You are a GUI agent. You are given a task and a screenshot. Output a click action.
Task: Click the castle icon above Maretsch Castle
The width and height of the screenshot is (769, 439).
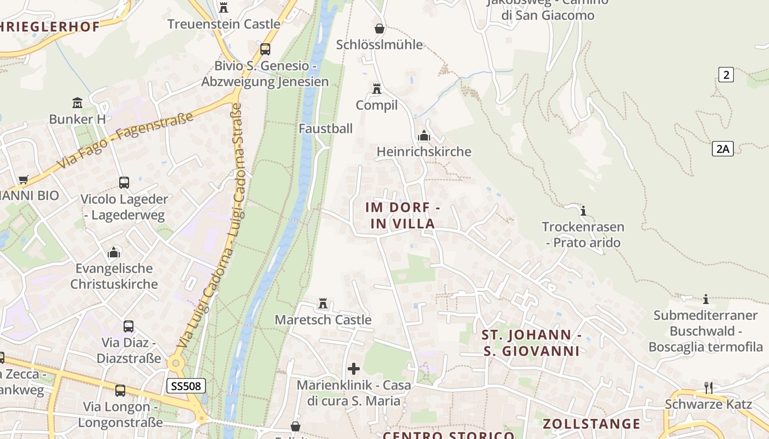(323, 303)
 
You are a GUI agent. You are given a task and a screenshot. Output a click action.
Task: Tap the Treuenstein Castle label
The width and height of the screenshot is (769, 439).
(224, 24)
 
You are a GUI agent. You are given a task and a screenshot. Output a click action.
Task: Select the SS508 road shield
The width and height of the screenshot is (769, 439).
(186, 386)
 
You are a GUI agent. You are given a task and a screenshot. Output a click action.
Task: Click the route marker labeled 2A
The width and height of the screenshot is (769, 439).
(723, 148)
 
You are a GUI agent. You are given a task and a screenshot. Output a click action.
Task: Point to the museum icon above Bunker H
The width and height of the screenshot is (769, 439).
(77, 103)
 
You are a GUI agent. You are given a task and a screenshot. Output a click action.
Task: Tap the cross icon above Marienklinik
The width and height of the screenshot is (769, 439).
(354, 368)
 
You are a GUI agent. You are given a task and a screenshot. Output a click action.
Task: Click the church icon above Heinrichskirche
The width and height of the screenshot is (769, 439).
(424, 136)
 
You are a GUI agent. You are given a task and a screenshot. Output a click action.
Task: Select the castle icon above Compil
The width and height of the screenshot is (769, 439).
(377, 88)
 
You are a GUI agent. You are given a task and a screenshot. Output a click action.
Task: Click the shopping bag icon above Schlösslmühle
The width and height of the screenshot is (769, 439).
(380, 28)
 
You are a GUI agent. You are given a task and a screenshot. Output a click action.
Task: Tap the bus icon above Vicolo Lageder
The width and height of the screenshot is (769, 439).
(124, 183)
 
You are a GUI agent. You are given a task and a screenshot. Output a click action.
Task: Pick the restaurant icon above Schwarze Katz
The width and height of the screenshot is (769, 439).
(709, 388)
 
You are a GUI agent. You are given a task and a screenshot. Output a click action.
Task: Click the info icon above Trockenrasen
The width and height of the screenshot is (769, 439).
(583, 211)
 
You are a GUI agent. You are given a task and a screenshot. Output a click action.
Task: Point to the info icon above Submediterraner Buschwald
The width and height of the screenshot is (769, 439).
(706, 299)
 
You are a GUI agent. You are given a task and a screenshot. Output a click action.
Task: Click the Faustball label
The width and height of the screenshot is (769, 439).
(326, 128)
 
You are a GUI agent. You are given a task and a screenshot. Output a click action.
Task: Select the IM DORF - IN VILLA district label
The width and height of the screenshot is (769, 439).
(403, 216)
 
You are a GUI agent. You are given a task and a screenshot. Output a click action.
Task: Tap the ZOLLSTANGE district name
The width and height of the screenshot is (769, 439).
(592, 424)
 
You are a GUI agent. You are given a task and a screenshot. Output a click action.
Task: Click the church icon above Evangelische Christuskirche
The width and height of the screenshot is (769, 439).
(114, 252)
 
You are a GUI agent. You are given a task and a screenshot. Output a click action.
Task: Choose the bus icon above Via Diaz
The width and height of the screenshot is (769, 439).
(129, 327)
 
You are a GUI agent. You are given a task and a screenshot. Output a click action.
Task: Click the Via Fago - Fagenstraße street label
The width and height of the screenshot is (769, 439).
(125, 141)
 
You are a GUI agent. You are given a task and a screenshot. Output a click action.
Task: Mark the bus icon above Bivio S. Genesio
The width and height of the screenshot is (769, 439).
(265, 49)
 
